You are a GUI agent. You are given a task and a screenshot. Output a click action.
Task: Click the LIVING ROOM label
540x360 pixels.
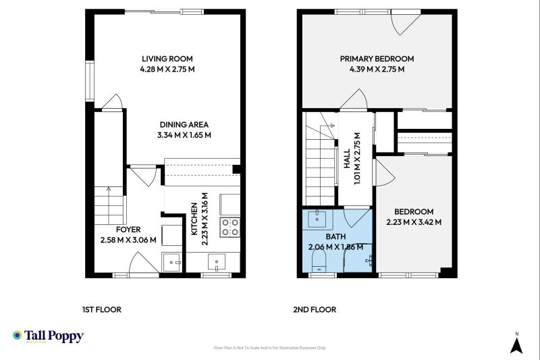(x=168, y=59)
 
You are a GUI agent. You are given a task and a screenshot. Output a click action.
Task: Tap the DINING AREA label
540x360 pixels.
(x=184, y=124)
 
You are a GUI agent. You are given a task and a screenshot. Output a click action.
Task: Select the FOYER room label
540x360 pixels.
(x=128, y=230)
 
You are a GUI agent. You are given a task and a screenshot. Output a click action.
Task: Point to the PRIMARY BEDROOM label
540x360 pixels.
(x=377, y=59)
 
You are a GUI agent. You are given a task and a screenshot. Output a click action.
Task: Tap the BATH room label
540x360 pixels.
(x=335, y=237)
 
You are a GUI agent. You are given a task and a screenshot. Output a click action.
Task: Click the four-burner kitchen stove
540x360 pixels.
(x=231, y=226)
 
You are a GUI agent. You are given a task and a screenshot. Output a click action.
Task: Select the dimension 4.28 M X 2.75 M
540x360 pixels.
(x=168, y=69)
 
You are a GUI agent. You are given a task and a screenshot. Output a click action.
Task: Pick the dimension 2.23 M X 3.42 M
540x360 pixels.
(x=414, y=222)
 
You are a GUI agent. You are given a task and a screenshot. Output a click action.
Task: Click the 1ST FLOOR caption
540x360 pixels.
(x=101, y=310)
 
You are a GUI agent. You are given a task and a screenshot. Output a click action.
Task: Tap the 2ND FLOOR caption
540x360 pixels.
(x=315, y=310)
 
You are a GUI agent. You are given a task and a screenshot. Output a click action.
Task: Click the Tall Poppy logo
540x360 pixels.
(x=48, y=336)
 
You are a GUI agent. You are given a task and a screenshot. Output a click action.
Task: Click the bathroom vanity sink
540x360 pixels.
(x=317, y=219)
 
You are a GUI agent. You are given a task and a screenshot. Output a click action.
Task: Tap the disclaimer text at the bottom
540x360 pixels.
(x=269, y=348)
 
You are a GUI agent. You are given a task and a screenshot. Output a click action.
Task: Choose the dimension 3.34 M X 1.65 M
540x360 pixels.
(x=184, y=134)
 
